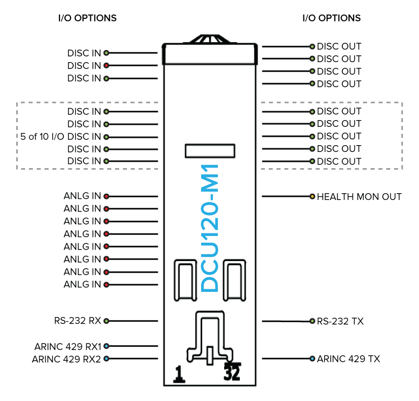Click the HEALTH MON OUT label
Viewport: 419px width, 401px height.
tap(359, 197)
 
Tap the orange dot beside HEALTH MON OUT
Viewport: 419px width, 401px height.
tap(312, 197)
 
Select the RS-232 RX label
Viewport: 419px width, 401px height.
tap(77, 321)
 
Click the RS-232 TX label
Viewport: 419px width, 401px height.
tap(340, 321)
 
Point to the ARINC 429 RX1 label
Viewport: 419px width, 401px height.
tap(68, 346)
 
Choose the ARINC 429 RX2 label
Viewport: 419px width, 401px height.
tap(66, 359)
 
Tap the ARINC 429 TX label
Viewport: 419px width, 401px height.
tap(348, 359)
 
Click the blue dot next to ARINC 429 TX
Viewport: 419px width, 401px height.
tap(312, 359)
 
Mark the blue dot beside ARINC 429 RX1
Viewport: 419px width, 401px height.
tap(106, 346)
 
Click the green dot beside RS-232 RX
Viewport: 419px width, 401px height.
tap(106, 321)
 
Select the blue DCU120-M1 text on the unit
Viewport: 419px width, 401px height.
tap(210, 228)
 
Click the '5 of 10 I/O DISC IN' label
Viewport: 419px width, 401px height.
tap(61, 137)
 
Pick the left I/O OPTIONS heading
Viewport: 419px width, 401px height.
tap(87, 18)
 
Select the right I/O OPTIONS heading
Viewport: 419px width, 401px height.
tap(332, 18)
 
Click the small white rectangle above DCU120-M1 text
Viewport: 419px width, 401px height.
tap(210, 151)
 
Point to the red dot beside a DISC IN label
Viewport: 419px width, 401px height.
tap(106, 66)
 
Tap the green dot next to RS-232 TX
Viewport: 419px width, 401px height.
tap(312, 321)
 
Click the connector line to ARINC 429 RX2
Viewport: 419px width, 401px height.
tap(133, 359)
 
